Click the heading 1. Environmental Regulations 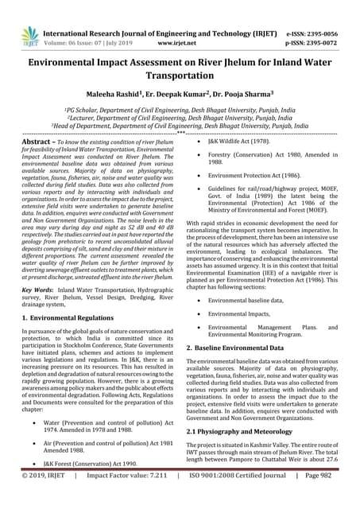77,317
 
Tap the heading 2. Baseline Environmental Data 242,348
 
